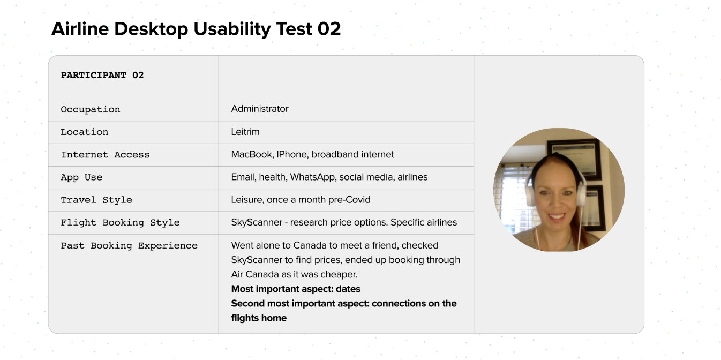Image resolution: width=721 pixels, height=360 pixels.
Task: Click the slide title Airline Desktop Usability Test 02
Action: pyautogui.click(x=196, y=29)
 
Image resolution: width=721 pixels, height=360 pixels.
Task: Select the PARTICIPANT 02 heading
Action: pyautogui.click(x=102, y=76)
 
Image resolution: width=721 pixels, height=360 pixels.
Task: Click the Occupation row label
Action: pyautogui.click(x=91, y=109)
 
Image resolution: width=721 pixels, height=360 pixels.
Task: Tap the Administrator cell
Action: pyautogui.click(x=260, y=109)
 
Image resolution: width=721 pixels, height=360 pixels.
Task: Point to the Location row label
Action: pyautogui.click(x=85, y=132)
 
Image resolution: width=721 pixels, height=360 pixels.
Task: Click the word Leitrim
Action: pyautogui.click(x=245, y=132)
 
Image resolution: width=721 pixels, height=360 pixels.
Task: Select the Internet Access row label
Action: pyautogui.click(x=105, y=155)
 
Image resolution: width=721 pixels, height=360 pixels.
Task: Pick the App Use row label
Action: pyautogui.click(x=82, y=177)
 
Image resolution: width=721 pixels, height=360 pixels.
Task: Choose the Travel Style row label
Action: pyautogui.click(x=96, y=200)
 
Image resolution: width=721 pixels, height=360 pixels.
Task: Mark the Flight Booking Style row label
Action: pyautogui.click(x=121, y=222)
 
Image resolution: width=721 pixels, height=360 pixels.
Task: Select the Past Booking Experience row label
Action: pyautogui.click(x=129, y=246)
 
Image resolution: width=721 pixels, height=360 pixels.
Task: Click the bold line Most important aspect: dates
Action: pyautogui.click(x=296, y=289)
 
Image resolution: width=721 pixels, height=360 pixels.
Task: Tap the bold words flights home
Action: pyautogui.click(x=259, y=318)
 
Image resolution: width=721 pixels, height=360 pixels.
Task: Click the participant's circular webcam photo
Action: pyautogui.click(x=559, y=190)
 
